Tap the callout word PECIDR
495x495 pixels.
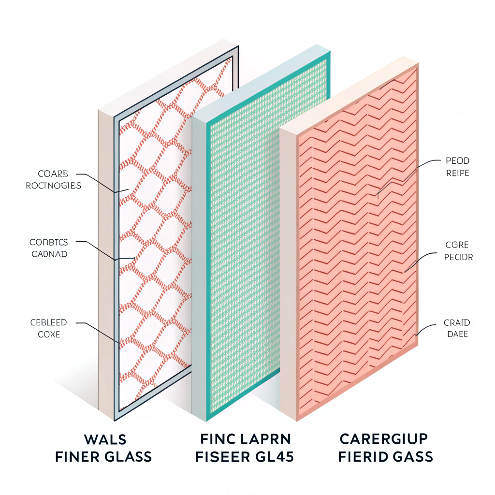[x=458, y=257]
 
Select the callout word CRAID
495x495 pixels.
[x=456, y=322]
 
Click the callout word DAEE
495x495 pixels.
[x=456, y=334]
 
